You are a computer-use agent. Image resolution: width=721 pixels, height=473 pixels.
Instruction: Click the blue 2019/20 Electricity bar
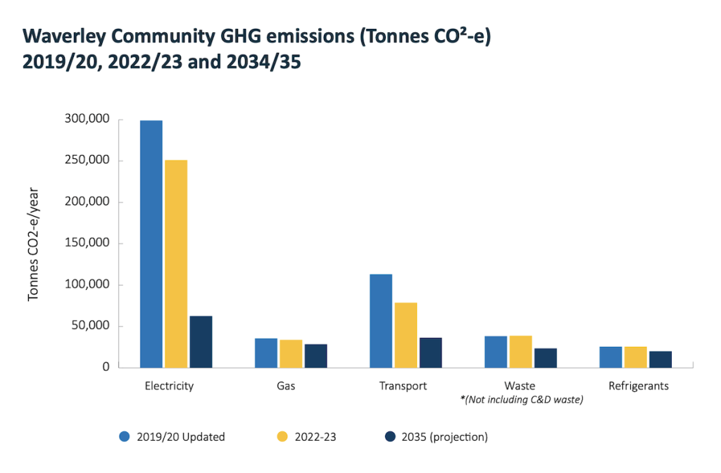pos(151,244)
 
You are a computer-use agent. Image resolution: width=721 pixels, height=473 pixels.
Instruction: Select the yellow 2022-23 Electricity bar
pos(176,263)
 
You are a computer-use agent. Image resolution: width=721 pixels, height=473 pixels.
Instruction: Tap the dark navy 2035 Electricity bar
pos(201,341)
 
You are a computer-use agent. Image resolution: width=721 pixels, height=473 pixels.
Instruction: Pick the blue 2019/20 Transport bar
pos(381,320)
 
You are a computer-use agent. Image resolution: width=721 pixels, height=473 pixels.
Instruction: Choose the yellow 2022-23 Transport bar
pos(406,334)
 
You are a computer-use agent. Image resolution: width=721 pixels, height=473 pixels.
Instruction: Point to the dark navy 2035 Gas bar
pos(315,355)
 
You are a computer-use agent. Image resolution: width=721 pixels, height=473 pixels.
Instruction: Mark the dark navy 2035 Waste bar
pos(545,358)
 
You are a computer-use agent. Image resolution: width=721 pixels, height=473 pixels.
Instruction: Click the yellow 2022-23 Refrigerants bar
pos(635,356)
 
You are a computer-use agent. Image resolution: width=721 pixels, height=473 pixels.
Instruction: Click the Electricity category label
pos(169,386)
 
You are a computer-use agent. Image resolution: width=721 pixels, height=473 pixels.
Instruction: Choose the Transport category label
pos(403,386)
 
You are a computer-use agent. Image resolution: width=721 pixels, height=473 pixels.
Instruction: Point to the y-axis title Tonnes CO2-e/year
pos(33,243)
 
